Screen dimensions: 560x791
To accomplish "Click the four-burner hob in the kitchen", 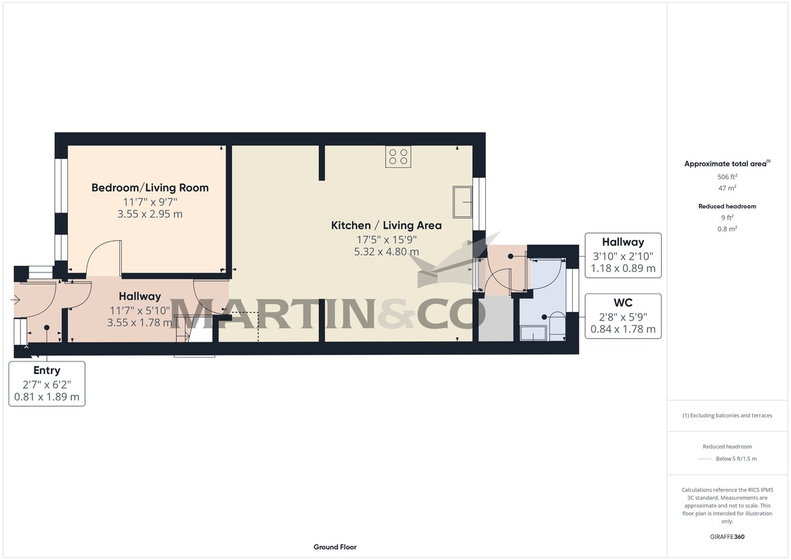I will point(398,156).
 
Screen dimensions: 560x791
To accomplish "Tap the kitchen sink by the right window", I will point(462,202).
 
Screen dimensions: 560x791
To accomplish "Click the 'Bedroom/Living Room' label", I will point(150,188).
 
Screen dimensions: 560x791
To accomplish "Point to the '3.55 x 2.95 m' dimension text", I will point(150,214).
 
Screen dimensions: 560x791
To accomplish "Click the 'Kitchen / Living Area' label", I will point(386,226).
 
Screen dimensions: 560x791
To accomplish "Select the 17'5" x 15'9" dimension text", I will point(386,239).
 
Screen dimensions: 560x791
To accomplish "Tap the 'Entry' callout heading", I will point(47,371).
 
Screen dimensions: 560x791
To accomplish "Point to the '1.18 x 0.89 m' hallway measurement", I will point(623,268).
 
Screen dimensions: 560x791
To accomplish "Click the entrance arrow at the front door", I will point(16,301).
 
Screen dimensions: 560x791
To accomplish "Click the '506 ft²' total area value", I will point(727,177).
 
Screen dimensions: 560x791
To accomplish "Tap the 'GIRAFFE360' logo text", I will point(727,537).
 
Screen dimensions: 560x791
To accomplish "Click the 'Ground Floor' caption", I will point(335,547).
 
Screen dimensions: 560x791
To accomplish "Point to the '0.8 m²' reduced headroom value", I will point(727,229).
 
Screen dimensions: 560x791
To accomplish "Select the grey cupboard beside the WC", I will point(495,319).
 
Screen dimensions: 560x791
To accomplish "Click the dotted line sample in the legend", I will point(705,459).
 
